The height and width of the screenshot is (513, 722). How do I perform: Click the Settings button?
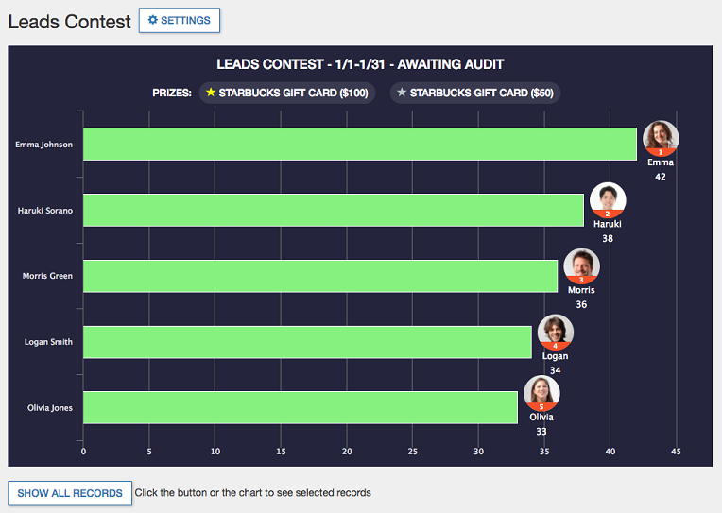pyautogui.click(x=180, y=21)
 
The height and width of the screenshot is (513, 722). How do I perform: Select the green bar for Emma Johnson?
pyautogui.click(x=360, y=145)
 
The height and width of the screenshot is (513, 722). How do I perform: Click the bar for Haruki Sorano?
pyautogui.click(x=334, y=210)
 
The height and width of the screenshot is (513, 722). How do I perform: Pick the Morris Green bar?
pyautogui.click(x=320, y=276)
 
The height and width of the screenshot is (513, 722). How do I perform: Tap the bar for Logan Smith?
pyautogui.click(x=307, y=342)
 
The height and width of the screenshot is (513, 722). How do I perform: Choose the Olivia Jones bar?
pyautogui.click(x=301, y=407)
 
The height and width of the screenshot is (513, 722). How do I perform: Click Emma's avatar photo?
pyautogui.click(x=661, y=137)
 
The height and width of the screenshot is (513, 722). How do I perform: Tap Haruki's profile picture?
pyautogui.click(x=608, y=199)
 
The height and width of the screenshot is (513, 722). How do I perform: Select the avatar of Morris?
pyautogui.click(x=581, y=265)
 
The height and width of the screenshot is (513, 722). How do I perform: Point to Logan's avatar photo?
pyautogui.click(x=555, y=332)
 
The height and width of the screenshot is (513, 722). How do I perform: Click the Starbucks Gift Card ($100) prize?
pyautogui.click(x=287, y=94)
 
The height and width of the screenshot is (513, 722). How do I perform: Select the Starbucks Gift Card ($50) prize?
pyautogui.click(x=475, y=94)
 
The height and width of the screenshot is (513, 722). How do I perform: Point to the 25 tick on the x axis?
pyautogui.click(x=412, y=452)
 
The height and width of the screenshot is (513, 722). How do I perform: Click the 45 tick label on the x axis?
pyautogui.click(x=676, y=452)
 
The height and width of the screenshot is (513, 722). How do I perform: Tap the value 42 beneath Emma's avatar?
pyautogui.click(x=661, y=177)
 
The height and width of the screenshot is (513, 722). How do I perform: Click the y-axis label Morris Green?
pyautogui.click(x=47, y=276)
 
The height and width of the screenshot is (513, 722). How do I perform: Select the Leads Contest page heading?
pyautogui.click(x=69, y=22)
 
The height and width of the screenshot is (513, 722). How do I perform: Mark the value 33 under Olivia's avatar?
pyautogui.click(x=541, y=431)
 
